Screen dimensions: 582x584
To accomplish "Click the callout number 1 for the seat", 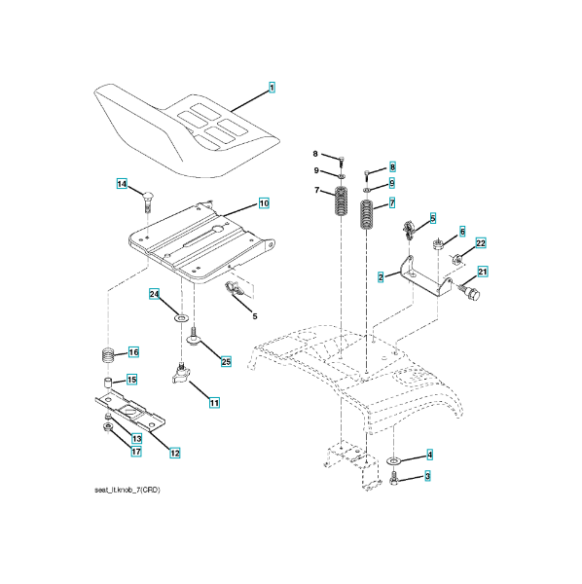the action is click(x=272, y=88).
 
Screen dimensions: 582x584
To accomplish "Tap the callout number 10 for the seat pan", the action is click(x=264, y=203).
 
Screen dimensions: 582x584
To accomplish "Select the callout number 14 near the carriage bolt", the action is click(x=122, y=184).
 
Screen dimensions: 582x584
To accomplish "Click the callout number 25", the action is click(x=226, y=362).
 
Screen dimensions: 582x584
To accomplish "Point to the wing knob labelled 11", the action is click(x=181, y=375).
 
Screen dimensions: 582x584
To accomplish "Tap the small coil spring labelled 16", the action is click(x=108, y=356).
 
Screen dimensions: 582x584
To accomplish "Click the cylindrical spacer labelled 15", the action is click(x=108, y=383).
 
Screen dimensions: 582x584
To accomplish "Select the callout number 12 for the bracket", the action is click(x=174, y=453).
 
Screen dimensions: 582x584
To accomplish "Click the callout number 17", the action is click(x=136, y=452).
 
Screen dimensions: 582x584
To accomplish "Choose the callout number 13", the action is click(x=136, y=439).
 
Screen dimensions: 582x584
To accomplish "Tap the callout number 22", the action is click(x=481, y=243).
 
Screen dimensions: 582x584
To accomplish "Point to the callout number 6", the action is click(x=462, y=232).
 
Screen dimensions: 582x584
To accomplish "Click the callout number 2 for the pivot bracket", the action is click(x=381, y=277).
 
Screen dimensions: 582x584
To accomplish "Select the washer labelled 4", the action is click(x=394, y=461).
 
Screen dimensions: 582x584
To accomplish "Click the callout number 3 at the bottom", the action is click(x=427, y=476).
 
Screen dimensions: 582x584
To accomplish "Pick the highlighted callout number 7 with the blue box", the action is click(x=391, y=203).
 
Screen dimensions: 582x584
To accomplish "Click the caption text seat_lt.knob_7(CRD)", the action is click(x=127, y=491).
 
